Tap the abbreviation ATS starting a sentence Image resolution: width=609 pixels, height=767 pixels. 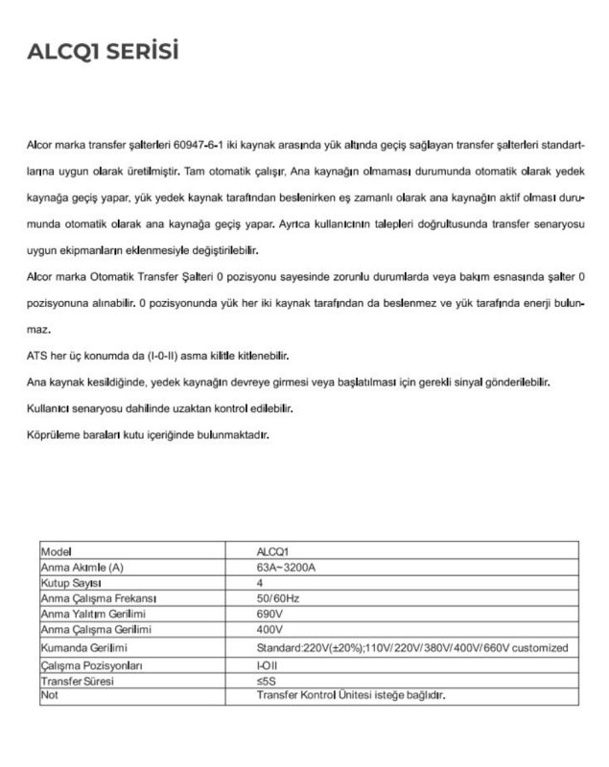38,356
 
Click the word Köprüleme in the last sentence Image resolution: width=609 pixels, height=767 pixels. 56,434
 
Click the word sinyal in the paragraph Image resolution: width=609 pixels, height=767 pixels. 468,383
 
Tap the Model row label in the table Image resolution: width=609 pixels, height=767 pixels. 57,550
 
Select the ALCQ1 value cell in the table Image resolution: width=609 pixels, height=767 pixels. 274,550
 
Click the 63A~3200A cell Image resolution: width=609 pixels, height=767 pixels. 288,568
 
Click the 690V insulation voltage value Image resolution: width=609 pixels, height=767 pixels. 269,615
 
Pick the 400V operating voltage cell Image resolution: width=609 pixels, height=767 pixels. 269,631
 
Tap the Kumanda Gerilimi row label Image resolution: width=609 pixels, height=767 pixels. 84,647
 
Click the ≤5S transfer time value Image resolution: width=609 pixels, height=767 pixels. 266,680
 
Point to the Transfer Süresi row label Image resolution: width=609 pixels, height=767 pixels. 76,680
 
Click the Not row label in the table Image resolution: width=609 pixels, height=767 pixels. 49,695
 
